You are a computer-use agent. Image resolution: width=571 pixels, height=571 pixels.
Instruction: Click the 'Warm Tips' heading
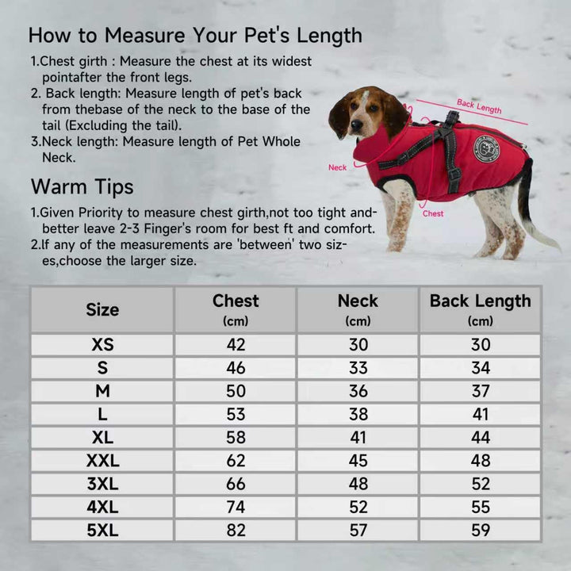(82, 187)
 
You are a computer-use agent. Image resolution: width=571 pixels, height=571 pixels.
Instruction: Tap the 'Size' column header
(102, 310)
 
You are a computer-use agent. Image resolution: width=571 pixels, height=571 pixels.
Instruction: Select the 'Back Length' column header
(481, 301)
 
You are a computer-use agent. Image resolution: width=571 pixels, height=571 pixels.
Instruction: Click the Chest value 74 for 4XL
(236, 507)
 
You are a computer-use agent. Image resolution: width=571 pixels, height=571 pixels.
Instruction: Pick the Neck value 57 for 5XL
(358, 531)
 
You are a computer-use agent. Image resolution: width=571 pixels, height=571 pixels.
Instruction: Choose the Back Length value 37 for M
(481, 391)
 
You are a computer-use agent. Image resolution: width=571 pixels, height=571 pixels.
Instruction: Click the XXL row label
(102, 461)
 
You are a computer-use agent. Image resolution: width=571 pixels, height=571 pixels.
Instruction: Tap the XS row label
(102, 345)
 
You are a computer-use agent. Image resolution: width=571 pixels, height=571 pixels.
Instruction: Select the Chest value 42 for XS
(236, 345)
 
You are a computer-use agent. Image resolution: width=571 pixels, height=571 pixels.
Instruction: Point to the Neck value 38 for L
(358, 415)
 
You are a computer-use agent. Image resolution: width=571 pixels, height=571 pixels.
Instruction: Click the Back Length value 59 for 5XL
(481, 531)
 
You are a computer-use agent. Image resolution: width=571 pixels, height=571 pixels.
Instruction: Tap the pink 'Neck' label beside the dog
(337, 167)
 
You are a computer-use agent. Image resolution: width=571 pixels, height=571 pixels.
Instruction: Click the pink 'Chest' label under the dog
(433, 213)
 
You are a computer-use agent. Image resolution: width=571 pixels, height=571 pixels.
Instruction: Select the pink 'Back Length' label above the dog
(479, 106)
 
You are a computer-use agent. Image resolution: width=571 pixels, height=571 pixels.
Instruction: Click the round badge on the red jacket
(486, 149)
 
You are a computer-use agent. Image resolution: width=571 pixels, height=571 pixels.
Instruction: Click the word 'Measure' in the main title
(144, 36)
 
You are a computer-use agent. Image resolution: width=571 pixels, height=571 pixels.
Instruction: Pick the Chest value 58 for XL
(236, 437)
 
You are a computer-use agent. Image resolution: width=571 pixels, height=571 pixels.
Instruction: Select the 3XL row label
(102, 484)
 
